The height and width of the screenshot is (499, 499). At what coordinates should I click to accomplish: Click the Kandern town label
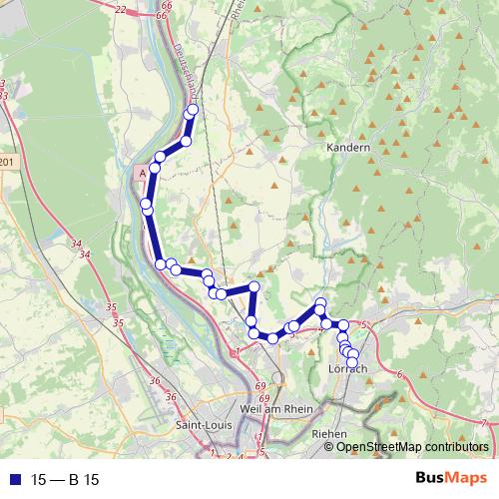tap(348, 148)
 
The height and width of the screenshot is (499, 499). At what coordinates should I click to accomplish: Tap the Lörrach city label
tap(348, 369)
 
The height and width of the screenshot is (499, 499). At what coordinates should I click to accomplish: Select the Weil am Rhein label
tap(277, 409)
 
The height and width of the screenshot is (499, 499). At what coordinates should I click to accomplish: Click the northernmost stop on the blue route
tap(193, 110)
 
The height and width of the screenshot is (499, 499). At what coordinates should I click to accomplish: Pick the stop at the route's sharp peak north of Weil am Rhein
tap(253, 287)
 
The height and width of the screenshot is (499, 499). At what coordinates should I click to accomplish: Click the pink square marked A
tap(143, 172)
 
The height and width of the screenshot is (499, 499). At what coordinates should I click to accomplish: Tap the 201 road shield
tap(8, 162)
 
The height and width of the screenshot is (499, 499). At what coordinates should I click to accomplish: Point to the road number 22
tap(121, 9)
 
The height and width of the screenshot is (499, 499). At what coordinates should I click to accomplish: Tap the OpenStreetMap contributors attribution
tap(411, 447)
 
